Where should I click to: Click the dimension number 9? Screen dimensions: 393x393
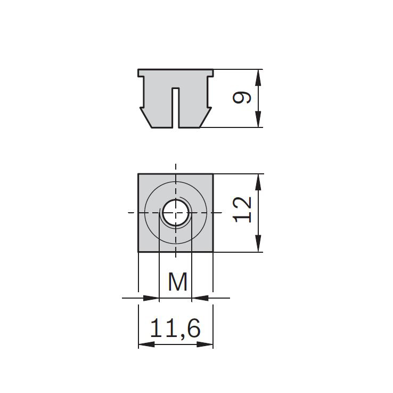(242, 98)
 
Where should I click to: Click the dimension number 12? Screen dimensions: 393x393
(242, 210)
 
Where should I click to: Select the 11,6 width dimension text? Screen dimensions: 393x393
(175, 328)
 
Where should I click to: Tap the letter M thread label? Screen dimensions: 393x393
(178, 282)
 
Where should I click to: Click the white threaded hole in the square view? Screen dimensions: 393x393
(176, 213)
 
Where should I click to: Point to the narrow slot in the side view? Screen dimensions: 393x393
(176, 108)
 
